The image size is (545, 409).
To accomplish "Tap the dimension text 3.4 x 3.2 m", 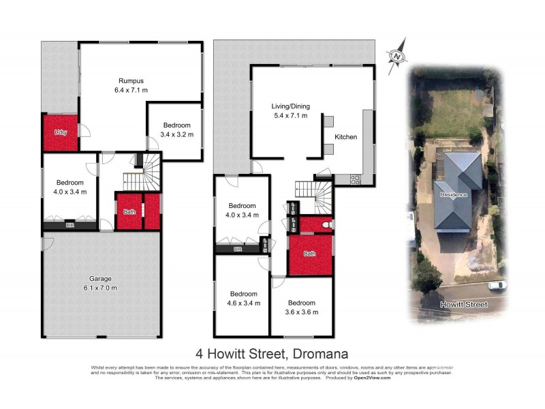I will (176, 135).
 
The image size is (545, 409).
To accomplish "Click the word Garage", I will (100, 278).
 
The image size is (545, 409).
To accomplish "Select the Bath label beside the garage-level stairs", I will (129, 212).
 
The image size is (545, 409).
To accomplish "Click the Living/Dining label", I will (290, 106).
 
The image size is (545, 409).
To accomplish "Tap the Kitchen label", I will (345, 137).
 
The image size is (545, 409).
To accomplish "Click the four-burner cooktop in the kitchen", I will (356, 180).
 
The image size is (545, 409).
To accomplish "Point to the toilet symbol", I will (327, 224).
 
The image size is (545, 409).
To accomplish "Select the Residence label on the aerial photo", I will (454, 195).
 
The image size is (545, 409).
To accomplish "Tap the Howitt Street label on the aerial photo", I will (463, 305).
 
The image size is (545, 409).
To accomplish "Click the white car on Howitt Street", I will (498, 285).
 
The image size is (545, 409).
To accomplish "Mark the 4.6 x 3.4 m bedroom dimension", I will (243, 303).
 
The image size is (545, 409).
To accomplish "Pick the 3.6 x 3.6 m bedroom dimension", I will (301, 312).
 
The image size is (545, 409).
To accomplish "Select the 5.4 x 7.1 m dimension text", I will (290, 115).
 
